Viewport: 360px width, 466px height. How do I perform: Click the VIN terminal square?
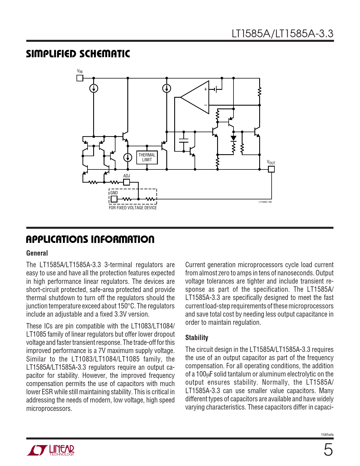[x=80, y=78]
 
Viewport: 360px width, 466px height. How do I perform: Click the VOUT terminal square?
[x=271, y=169]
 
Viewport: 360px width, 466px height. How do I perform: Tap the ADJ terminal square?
[x=127, y=182]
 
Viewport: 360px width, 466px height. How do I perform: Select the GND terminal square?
[x=114, y=199]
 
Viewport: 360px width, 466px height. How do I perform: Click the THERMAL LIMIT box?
[x=147, y=157]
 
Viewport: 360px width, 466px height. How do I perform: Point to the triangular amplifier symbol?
[x=195, y=97]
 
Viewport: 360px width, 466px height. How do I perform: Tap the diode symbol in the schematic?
[x=234, y=138]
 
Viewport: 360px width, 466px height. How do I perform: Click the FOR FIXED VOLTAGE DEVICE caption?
[x=133, y=208]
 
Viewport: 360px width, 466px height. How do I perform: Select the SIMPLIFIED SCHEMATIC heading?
[x=78, y=54]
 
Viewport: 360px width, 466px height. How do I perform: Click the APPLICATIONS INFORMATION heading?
[x=90, y=239]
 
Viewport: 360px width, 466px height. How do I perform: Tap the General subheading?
[x=37, y=253]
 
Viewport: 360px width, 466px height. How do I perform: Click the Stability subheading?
[x=197, y=337]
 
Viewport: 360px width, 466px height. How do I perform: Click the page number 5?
[x=328, y=450]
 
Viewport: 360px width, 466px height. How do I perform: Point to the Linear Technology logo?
[x=51, y=450]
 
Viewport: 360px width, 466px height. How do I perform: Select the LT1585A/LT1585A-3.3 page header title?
[x=282, y=34]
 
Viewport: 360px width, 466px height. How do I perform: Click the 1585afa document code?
[x=327, y=435]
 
